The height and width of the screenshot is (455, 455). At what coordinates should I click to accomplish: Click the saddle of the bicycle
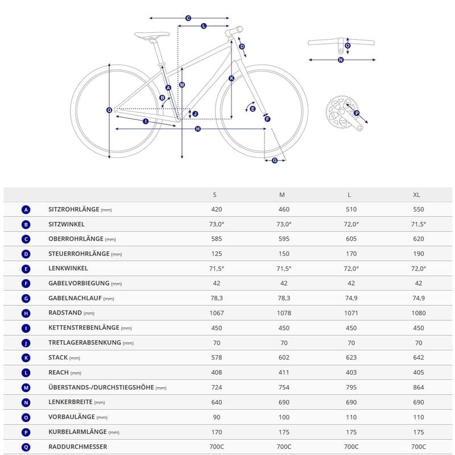[x=152, y=35]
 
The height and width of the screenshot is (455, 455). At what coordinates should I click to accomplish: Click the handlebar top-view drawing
[x=341, y=43]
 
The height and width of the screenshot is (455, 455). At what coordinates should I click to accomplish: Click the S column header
[x=214, y=195]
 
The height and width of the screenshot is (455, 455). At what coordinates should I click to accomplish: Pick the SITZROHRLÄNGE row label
[x=74, y=210]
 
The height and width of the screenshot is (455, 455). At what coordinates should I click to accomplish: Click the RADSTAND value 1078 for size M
[x=284, y=313]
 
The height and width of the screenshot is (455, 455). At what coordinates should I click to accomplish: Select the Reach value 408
[x=216, y=373]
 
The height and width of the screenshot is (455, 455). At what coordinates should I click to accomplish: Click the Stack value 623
[x=351, y=358]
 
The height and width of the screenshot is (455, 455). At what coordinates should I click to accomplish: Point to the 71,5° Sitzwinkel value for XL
[x=418, y=225]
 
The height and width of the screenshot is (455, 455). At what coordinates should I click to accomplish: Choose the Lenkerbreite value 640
[x=216, y=402]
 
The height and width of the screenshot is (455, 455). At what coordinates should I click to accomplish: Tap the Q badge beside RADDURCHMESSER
[x=26, y=446]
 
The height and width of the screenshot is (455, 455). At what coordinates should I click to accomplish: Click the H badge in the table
[x=26, y=313]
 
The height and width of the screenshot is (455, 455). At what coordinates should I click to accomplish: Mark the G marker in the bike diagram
[x=275, y=160]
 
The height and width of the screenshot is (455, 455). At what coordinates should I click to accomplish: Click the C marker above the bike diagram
[x=188, y=18]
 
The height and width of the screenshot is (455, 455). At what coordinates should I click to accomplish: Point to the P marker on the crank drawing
[x=357, y=113]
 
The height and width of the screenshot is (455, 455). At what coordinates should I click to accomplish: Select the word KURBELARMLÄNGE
[x=77, y=432]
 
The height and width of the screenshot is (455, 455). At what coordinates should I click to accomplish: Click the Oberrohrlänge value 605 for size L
[x=351, y=239]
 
